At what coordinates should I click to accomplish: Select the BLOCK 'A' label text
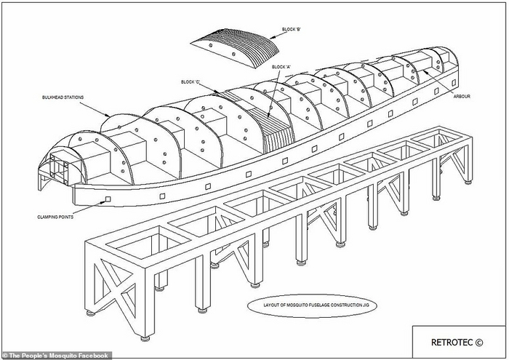[281, 68]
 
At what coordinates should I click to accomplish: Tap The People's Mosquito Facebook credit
[56, 356]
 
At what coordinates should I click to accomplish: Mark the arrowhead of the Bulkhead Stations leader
[110, 116]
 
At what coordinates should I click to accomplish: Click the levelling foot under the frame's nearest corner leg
[145, 336]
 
